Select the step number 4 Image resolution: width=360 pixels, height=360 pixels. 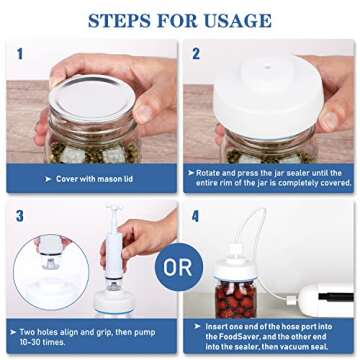pyautogui.click(x=197, y=216)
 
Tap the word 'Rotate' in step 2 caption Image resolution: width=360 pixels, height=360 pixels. pyautogui.click(x=207, y=173)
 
